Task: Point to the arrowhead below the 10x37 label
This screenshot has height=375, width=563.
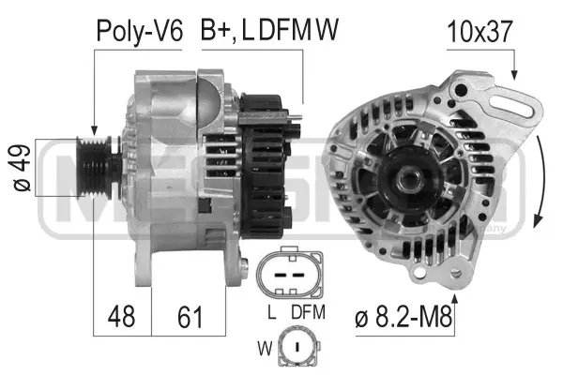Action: (x=513, y=72)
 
